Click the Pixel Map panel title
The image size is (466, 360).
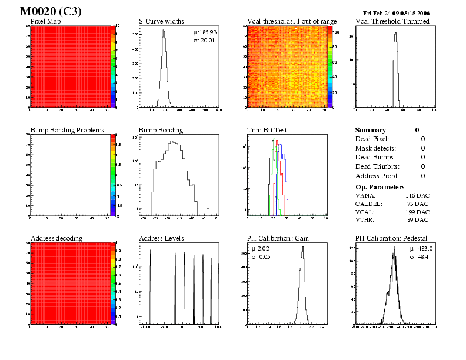click(46, 22)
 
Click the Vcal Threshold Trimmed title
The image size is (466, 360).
click(392, 22)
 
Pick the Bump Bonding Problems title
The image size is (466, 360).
click(67, 130)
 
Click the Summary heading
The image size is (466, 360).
click(371, 130)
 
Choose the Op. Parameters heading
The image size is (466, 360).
click(380, 186)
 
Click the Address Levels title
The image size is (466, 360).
click(161, 238)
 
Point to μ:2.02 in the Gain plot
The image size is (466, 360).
click(260, 249)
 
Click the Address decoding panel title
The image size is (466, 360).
click(56, 238)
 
